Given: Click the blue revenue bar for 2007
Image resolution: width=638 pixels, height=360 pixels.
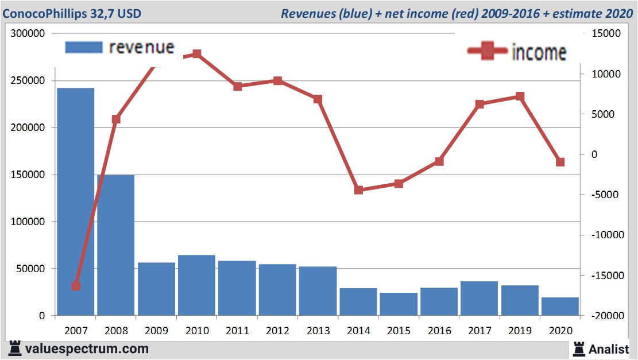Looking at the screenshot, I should click(x=75, y=201).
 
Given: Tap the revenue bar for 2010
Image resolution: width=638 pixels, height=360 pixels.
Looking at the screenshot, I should click(x=196, y=285).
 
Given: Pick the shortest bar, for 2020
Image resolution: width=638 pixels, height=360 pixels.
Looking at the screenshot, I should click(x=560, y=307).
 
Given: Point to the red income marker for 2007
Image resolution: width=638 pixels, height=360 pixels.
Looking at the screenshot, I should click(x=76, y=286).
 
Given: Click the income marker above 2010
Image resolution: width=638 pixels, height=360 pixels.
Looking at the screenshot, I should click(x=197, y=54).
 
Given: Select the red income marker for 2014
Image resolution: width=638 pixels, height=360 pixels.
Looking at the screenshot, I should click(x=358, y=190).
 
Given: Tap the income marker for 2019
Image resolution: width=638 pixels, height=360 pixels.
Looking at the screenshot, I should click(x=520, y=96).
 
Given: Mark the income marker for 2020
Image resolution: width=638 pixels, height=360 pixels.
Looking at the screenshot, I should click(x=560, y=162).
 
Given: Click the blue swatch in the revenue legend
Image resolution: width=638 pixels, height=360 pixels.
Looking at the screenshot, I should click(x=84, y=47).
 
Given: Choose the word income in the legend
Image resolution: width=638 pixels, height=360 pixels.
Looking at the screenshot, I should click(x=539, y=52).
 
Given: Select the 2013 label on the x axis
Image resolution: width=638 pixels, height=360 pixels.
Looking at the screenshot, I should click(x=318, y=331).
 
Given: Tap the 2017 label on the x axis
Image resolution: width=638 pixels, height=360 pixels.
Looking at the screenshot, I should click(x=480, y=331).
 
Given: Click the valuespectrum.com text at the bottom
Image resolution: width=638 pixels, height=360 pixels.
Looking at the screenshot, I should click(x=86, y=349).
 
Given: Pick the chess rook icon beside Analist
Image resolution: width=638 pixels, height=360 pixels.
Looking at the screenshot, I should click(x=579, y=348).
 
